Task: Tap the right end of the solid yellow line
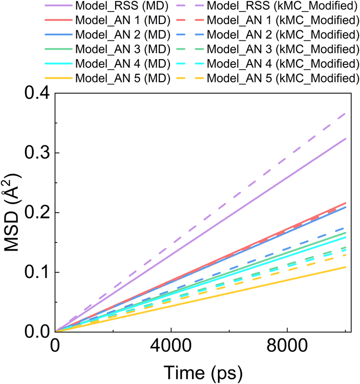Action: click(345, 267)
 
